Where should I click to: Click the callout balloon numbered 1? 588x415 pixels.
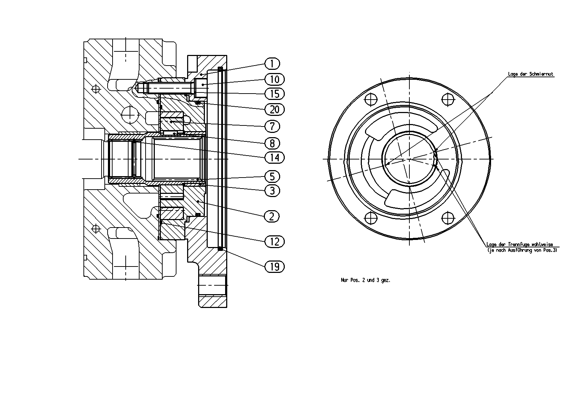[272, 64]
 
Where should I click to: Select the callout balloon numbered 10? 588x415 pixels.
[274, 79]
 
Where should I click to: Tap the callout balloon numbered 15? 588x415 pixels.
[274, 94]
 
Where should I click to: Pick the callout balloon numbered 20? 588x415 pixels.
[274, 109]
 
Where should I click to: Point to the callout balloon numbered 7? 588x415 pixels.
[272, 127]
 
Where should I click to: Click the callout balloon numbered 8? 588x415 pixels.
[272, 143]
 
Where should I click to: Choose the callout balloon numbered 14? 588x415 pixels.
[274, 157]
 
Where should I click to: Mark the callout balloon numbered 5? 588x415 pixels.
[272, 176]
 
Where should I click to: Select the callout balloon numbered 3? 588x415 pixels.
[272, 191]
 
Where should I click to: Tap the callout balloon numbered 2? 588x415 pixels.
[272, 217]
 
